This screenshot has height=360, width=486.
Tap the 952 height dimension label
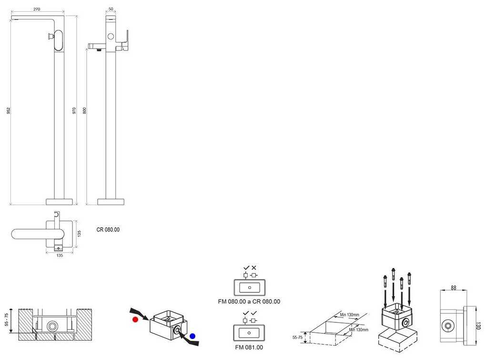coord(9,110)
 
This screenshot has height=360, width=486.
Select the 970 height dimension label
coord(74,110)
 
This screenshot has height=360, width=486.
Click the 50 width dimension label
coord(111,9)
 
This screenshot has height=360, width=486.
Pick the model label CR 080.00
coord(108,230)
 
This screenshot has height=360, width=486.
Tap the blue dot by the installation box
coord(192,336)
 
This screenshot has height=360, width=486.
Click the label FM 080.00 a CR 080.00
coord(249,301)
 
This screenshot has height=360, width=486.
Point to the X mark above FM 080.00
coord(254,268)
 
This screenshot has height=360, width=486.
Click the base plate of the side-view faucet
coord(111,201)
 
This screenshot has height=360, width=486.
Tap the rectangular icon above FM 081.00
coord(249,332)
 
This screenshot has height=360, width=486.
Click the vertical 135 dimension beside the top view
coord(79,233)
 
